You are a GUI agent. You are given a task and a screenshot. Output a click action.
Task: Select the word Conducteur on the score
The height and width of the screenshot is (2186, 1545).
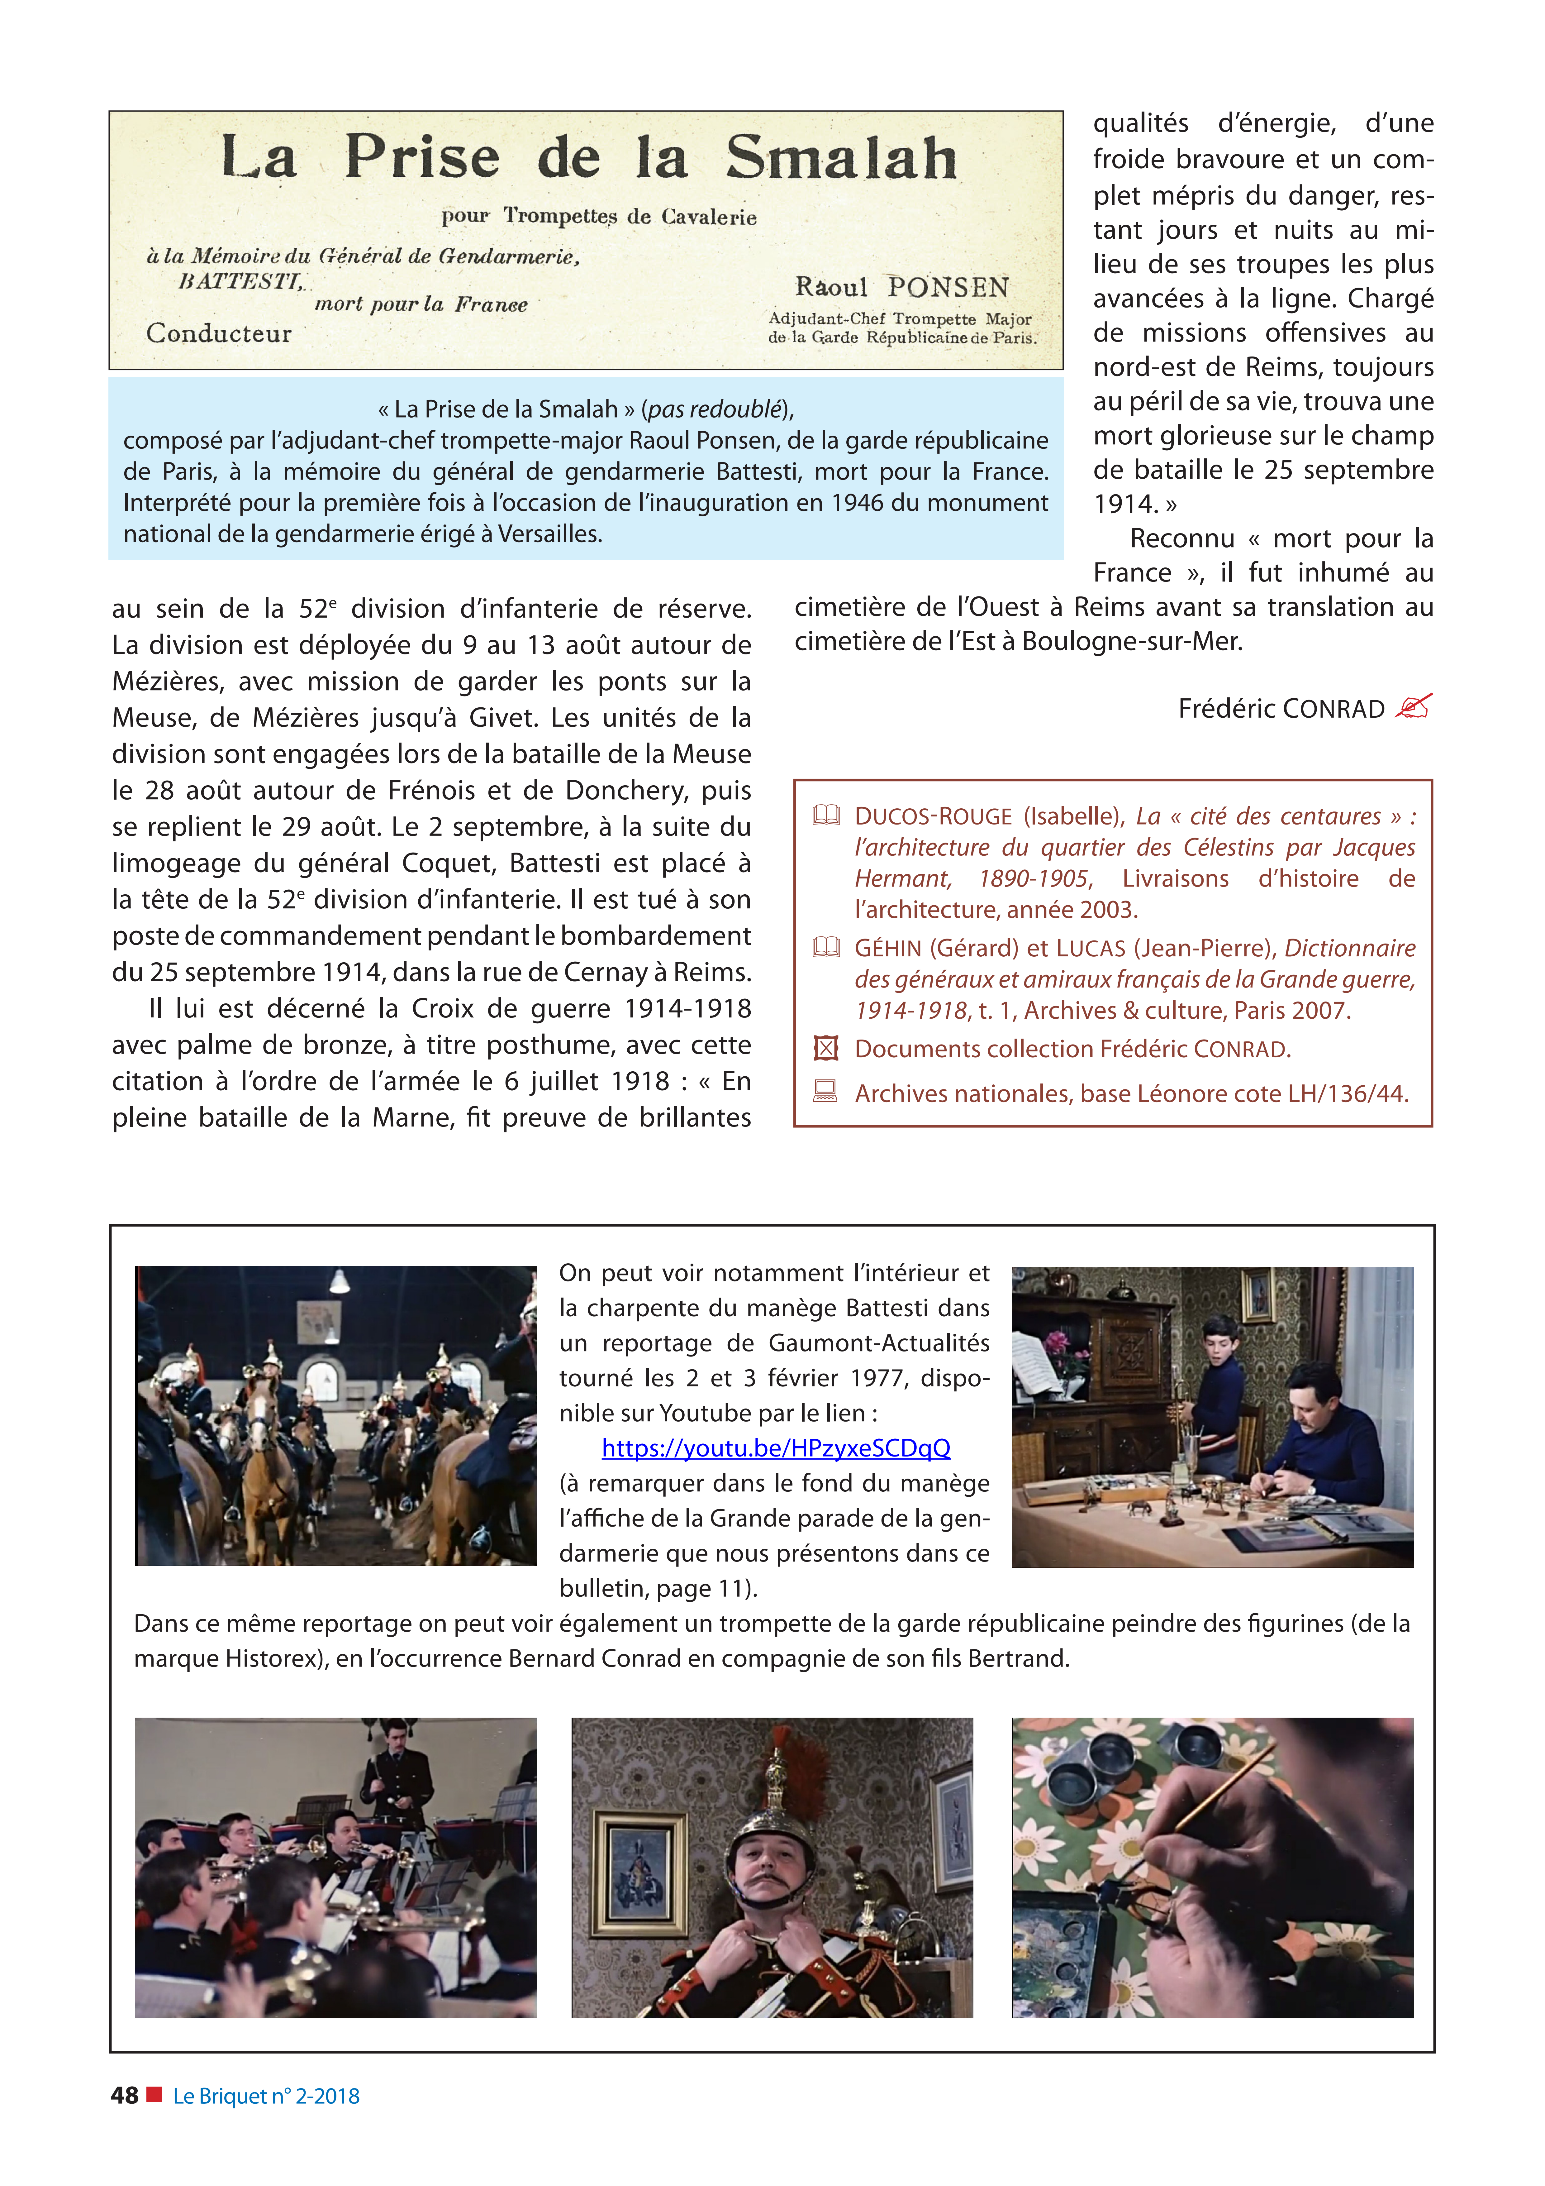click(x=219, y=333)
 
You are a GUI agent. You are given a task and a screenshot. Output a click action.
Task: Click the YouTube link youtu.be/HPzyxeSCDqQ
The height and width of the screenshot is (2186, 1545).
click(x=776, y=1448)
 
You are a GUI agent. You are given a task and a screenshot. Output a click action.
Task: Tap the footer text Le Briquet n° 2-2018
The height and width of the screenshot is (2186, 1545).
click(x=267, y=2096)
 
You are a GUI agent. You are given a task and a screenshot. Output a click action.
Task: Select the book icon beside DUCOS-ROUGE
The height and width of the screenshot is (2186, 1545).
click(x=825, y=815)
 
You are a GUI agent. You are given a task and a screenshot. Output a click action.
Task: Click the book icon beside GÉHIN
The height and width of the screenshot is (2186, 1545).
click(x=825, y=947)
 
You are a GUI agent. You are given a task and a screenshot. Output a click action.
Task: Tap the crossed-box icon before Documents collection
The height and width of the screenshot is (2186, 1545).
click(x=825, y=1048)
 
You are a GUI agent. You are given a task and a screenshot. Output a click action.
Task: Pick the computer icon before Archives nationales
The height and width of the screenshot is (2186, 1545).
click(x=825, y=1092)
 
